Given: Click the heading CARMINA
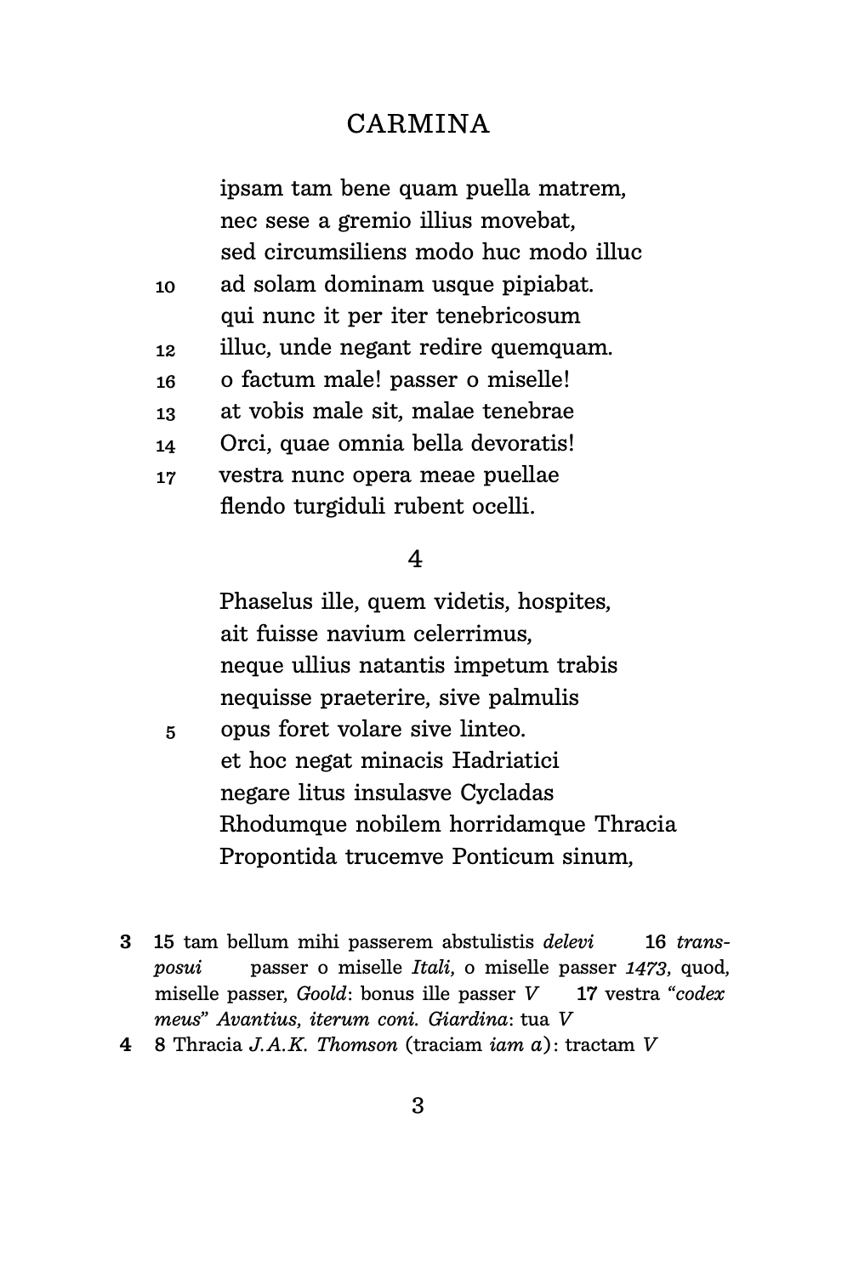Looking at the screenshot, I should tap(418, 124).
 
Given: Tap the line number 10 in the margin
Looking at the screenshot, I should tap(166, 287).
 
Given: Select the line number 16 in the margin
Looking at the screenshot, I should tap(166, 382).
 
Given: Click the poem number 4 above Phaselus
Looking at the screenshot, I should tap(416, 559).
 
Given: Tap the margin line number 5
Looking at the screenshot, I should tap(170, 732).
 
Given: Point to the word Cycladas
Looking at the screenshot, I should tap(507, 793).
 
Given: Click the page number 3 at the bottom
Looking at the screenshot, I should tap(418, 1106).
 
